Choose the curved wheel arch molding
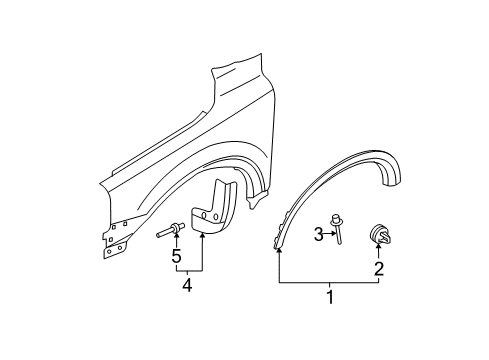tap(340, 190)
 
